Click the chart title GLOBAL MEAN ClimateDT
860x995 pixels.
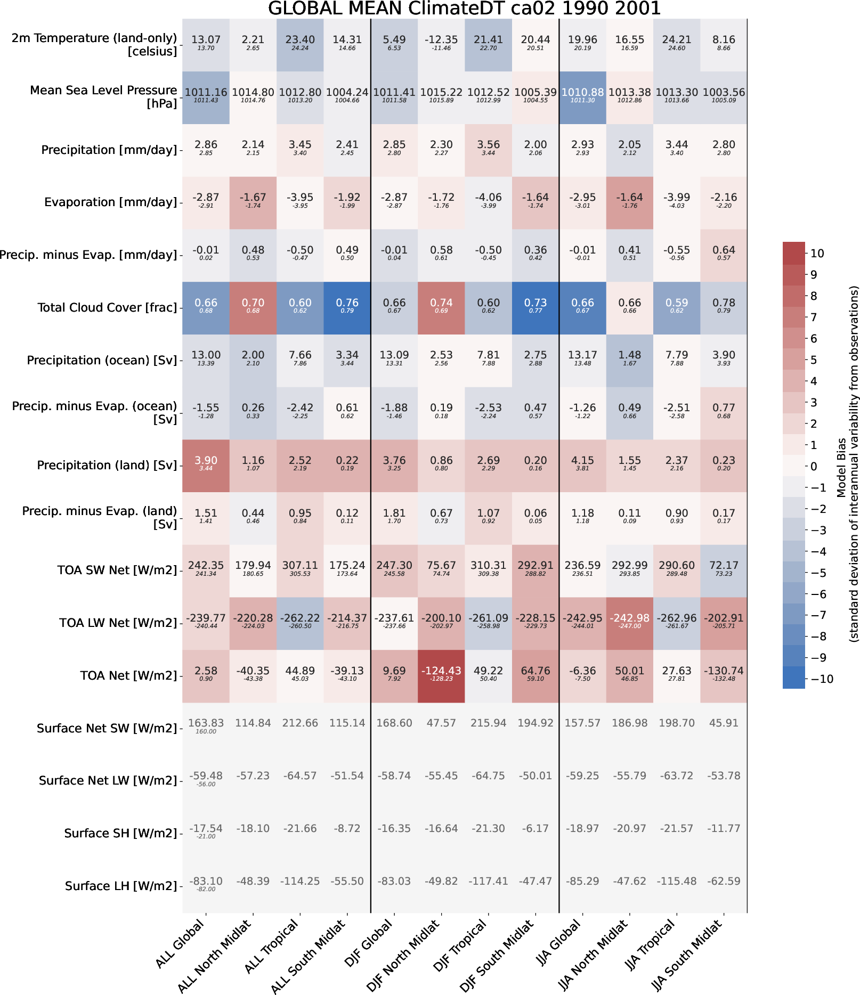coord(464,9)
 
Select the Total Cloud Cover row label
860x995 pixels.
coord(107,308)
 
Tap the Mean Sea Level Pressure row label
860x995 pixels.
coord(103,97)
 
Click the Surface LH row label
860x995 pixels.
coord(121,886)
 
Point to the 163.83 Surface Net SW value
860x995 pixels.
coord(206,723)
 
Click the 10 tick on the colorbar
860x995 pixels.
coord(817,254)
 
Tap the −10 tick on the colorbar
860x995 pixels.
coord(821,679)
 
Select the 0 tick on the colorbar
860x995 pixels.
coord(813,467)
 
